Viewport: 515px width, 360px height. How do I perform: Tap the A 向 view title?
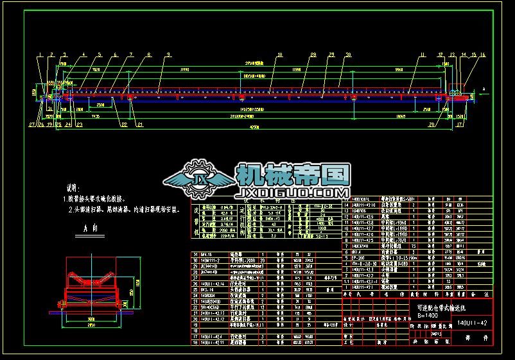[x=90, y=228]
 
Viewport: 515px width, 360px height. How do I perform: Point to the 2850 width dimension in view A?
[x=91, y=325]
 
